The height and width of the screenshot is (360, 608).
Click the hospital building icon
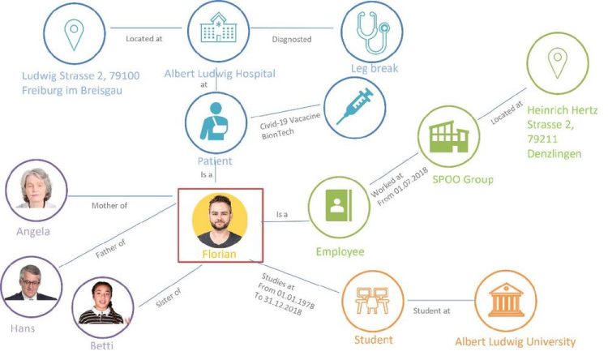[x=218, y=27]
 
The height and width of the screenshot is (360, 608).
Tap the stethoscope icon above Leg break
[x=373, y=32]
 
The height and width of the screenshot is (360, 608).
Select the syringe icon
[x=354, y=106]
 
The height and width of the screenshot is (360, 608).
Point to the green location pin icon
[x=558, y=63]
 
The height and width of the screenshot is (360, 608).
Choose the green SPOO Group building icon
[x=448, y=137]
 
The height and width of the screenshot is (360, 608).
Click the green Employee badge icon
[x=339, y=206]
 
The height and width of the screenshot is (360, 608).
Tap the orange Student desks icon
[x=372, y=300]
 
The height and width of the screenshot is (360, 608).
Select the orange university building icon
[x=506, y=300]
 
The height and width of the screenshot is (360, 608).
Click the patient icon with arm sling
[x=214, y=121]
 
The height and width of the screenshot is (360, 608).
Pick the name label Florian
[x=219, y=254]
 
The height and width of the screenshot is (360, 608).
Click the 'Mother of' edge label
[x=109, y=206]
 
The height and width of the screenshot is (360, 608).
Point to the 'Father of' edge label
[x=110, y=249]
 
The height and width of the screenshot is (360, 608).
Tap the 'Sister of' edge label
[x=169, y=298]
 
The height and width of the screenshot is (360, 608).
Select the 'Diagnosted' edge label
[x=292, y=39]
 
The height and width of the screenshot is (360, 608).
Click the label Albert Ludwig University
[x=516, y=342]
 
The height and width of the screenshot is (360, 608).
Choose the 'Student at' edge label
[x=431, y=311]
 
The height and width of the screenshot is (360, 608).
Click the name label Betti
[x=101, y=345]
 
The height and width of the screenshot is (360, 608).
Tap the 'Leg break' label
[x=375, y=69]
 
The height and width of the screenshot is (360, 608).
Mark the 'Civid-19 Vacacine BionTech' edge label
[x=290, y=125]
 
